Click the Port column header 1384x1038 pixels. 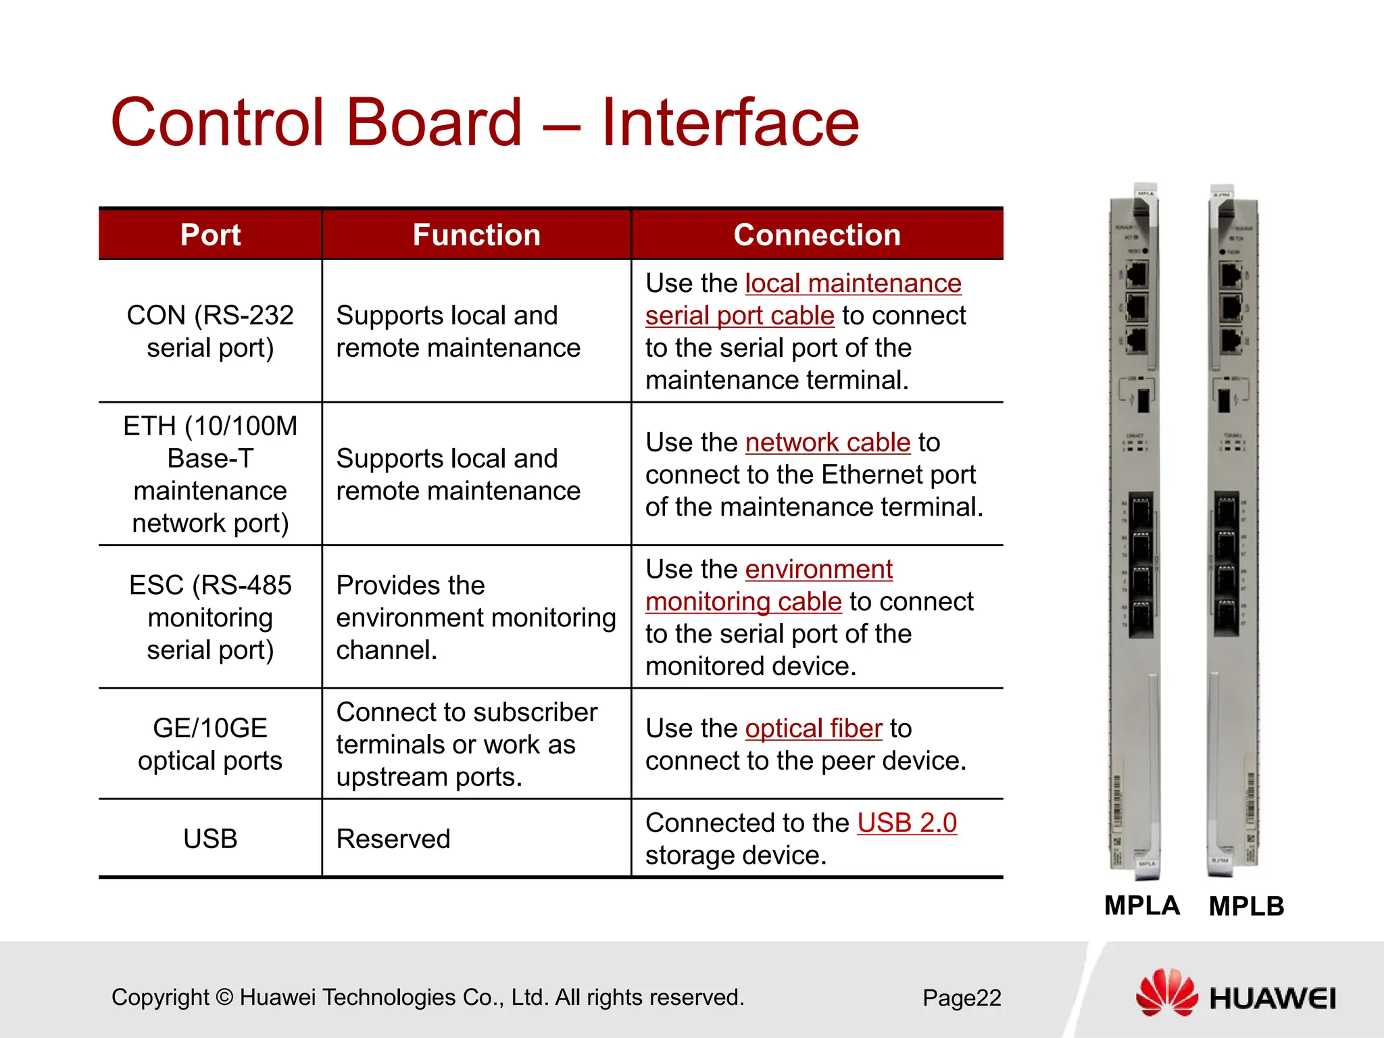210,235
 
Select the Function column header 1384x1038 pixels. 476,235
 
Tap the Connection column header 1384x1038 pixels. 817,235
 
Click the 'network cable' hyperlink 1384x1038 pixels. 828,443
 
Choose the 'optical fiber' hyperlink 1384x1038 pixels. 814,728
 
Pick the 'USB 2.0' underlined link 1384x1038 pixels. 907,823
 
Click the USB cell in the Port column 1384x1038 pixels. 210,839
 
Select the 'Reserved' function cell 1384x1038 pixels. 393,839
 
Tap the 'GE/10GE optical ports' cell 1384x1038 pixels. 210,744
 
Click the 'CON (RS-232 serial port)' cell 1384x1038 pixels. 210,331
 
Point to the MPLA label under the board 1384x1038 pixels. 1142,906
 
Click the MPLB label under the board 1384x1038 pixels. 1246,906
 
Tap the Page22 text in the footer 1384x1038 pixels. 962,998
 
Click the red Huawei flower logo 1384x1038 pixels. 1167,992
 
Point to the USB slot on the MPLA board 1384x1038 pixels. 1143,400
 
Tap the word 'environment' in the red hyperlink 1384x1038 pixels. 819,570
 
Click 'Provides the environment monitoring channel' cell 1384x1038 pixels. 476,617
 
